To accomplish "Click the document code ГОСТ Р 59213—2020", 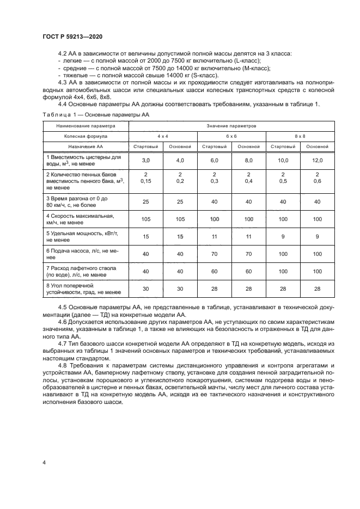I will tap(72, 36).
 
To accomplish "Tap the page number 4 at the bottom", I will tap(44, 463).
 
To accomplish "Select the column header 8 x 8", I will tap(300, 136).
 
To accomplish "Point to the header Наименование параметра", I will tap(86, 125).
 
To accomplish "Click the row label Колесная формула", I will tap(86, 136).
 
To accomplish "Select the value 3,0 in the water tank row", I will tap(145, 161).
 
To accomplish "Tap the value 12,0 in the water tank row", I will tap(318, 161).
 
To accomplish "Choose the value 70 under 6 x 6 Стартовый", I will tap(214, 254).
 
